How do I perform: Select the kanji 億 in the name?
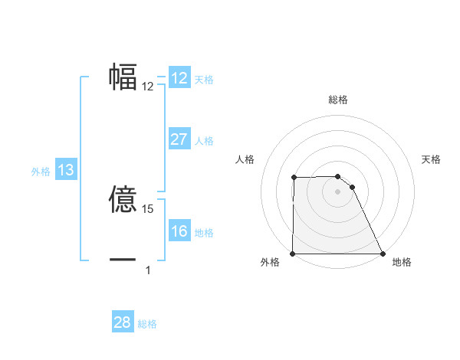click(x=123, y=201)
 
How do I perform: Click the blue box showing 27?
click(x=179, y=139)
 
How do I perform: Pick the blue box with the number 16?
click(x=179, y=231)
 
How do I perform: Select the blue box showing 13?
click(x=66, y=170)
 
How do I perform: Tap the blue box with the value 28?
click(x=123, y=322)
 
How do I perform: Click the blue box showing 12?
click(x=179, y=78)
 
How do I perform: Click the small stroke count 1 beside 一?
click(x=148, y=270)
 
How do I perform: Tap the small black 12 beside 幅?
click(x=148, y=87)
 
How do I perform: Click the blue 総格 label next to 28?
click(x=147, y=324)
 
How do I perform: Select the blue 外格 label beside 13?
click(x=41, y=172)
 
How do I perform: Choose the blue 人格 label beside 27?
click(x=204, y=141)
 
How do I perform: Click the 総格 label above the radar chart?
click(x=338, y=100)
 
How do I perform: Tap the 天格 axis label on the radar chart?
click(x=432, y=159)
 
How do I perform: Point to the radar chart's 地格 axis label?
click(x=402, y=263)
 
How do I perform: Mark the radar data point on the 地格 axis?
click(x=383, y=253)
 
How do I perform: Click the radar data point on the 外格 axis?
click(x=293, y=253)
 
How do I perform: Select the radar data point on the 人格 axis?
click(x=294, y=178)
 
